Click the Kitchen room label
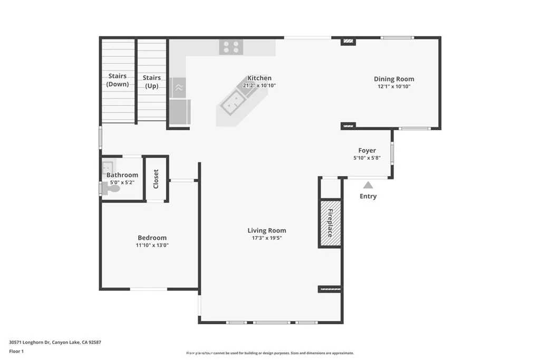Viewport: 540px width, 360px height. click(259, 78)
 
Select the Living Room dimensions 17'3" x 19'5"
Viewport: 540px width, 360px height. click(267, 238)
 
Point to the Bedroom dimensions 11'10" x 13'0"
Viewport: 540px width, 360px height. click(152, 245)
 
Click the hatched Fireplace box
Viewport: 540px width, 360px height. click(330, 222)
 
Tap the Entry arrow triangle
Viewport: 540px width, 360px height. click(368, 185)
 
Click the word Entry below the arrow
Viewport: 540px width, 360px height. click(368, 197)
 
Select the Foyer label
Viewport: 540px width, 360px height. click(367, 151)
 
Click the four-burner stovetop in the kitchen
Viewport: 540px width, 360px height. click(232, 47)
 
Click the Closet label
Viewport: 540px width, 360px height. click(156, 179)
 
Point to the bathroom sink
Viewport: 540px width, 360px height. click(108, 166)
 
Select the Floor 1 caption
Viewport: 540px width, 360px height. click(17, 351)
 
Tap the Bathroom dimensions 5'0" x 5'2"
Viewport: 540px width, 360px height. click(122, 183)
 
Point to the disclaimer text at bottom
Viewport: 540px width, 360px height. click(270, 353)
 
